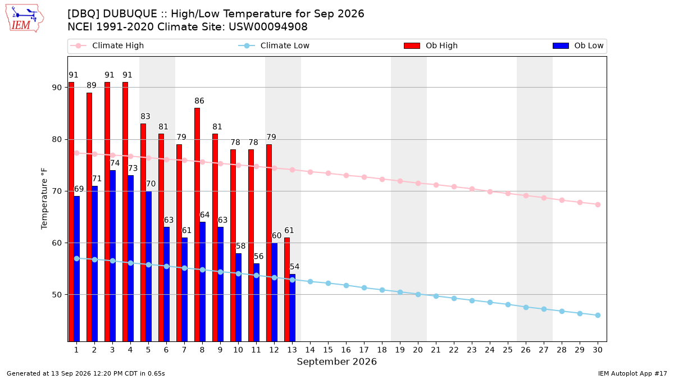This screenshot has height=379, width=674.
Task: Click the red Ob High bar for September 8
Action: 197,225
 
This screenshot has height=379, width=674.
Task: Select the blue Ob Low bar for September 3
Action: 112,255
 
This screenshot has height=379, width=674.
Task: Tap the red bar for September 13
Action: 287,289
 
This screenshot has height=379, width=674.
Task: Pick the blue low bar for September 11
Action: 256,302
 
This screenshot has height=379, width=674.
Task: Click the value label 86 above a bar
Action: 199,101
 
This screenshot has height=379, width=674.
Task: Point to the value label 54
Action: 294,267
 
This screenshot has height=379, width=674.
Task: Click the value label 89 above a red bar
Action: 92,85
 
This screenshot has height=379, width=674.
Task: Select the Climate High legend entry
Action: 107,45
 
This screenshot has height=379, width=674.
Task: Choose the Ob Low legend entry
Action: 578,45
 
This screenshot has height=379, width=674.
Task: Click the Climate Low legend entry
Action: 274,45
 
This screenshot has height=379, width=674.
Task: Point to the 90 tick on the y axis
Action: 57,88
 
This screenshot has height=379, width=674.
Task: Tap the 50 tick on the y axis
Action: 57,295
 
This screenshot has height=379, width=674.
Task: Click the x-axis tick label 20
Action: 418,350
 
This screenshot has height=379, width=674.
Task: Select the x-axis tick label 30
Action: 598,350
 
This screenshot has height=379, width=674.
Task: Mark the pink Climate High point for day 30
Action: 598,204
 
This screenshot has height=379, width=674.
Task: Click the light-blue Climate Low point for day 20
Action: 418,294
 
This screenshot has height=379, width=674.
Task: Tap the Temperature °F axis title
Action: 44,199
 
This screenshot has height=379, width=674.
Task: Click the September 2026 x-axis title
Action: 336,362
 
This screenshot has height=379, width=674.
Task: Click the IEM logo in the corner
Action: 25,19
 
